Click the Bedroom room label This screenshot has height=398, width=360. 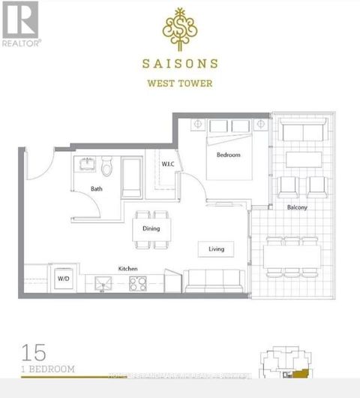point(228,155)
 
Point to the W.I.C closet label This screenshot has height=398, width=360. point(168,163)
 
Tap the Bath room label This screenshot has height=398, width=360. point(96,189)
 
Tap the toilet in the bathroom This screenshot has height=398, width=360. point(107,167)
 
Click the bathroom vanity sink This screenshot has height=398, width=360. point(84,164)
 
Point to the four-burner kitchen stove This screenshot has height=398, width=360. point(139,283)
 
